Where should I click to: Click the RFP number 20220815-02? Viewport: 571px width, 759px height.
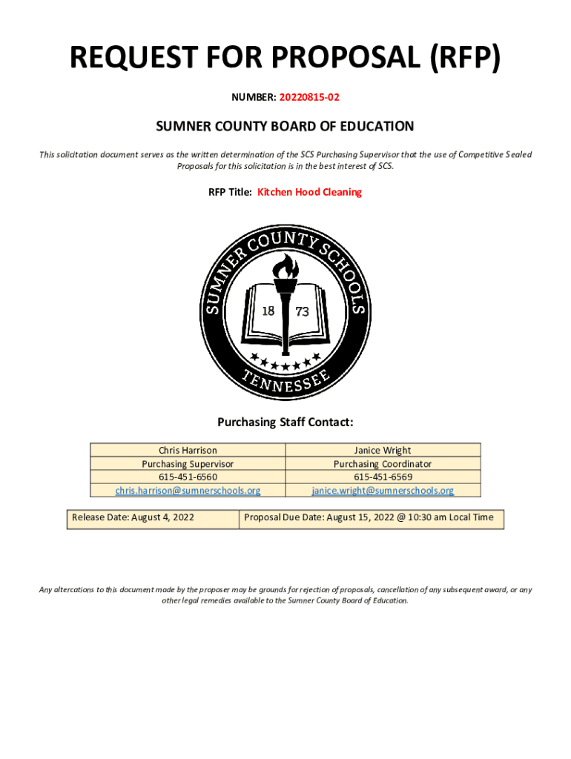point(309,97)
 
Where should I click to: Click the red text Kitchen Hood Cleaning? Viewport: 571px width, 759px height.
point(309,192)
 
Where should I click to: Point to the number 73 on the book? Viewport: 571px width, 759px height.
point(302,312)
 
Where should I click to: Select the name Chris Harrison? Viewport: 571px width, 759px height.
point(188,451)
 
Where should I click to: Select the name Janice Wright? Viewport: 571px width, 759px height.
point(383,451)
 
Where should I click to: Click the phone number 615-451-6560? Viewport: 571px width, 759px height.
point(188,477)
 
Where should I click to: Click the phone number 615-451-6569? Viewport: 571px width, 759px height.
point(383,477)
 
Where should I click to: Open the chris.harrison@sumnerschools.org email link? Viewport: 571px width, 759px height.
point(188,490)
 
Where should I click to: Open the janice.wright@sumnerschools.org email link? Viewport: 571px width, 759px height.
point(383,490)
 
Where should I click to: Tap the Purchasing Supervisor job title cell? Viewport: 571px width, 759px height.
point(188,463)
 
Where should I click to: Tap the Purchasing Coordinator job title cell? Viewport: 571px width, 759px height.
point(383,463)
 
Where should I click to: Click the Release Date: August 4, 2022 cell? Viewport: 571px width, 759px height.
point(133,517)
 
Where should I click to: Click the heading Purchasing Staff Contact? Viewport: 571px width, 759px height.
point(285,422)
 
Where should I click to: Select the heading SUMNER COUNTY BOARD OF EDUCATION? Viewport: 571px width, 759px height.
point(285,127)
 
